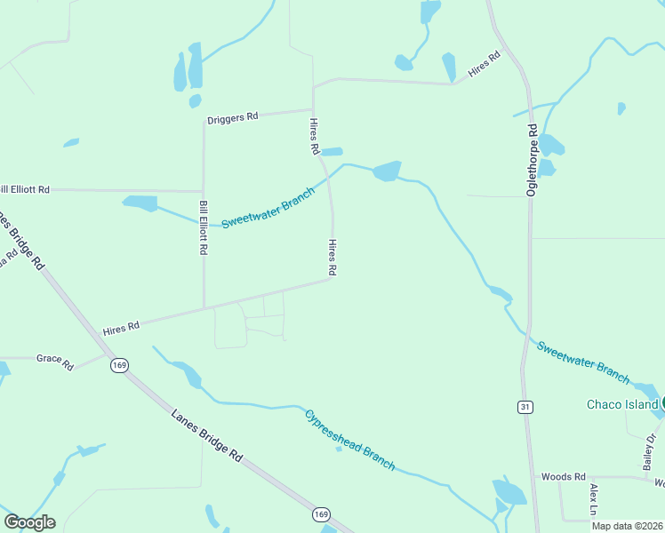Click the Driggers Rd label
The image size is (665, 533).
[x=232, y=117]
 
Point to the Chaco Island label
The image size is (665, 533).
[x=622, y=405]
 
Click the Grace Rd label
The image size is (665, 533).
[x=54, y=360]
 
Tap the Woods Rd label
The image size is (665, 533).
[x=564, y=477]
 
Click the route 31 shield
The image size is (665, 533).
[x=525, y=406]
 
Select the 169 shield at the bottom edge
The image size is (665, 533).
[x=322, y=514]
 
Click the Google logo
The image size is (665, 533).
[x=30, y=522]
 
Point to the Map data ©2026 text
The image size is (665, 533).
[x=628, y=526]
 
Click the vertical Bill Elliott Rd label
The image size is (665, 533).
[x=204, y=228]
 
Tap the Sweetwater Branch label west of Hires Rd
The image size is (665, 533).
[x=268, y=208]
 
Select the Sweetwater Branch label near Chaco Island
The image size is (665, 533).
[x=581, y=362]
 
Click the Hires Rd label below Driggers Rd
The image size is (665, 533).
[x=313, y=137]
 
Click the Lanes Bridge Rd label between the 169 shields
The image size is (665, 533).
[x=206, y=434]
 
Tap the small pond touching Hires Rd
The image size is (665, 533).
[x=331, y=152]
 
